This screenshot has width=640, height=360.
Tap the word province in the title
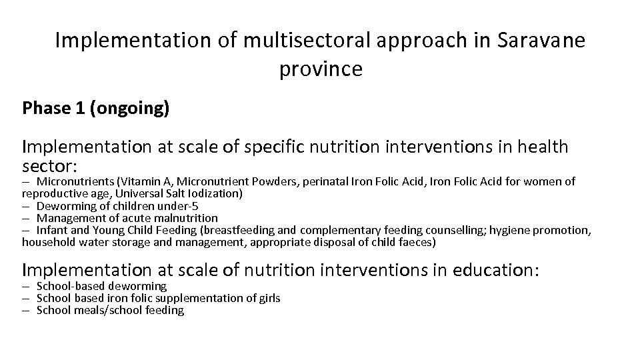click(321, 68)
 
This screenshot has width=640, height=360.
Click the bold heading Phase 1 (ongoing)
click(95, 108)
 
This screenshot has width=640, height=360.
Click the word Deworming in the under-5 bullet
click(66, 205)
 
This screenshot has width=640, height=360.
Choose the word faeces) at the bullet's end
click(417, 242)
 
